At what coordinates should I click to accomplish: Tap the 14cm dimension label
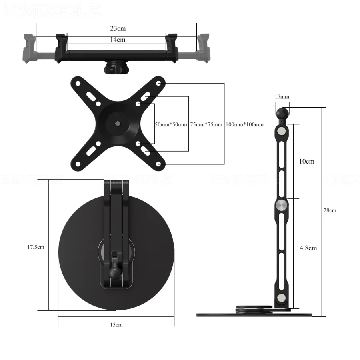click(118, 39)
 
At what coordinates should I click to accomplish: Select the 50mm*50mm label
click(171, 124)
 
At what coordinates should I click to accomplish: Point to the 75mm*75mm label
click(206, 124)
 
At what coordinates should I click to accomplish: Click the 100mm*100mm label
click(244, 124)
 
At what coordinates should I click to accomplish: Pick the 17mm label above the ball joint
click(282, 97)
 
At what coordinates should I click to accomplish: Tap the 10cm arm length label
click(307, 161)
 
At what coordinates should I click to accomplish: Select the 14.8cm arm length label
click(307, 248)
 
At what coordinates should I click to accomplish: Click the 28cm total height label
click(330, 210)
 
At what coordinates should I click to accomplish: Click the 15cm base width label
click(116, 324)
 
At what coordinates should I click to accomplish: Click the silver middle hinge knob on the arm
click(282, 206)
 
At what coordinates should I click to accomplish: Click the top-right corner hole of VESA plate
click(159, 83)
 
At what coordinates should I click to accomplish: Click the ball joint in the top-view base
click(115, 274)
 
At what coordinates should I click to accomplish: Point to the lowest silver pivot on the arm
click(282, 297)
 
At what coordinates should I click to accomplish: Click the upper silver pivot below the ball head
click(282, 131)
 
